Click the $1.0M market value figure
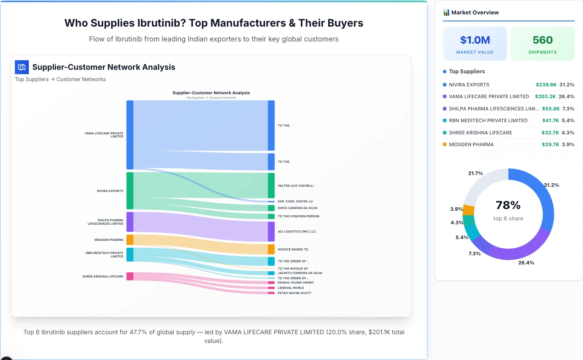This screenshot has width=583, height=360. click(x=475, y=40)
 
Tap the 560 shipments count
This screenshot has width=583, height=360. click(x=542, y=40)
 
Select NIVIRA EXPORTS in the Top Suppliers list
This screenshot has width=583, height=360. click(x=469, y=85)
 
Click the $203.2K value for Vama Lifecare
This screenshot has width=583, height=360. click(x=545, y=96)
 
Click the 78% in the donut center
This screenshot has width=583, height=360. click(x=508, y=205)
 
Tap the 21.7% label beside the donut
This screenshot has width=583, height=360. click(x=475, y=173)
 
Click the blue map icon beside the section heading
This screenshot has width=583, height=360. click(x=22, y=67)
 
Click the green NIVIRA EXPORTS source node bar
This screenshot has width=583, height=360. click(x=130, y=191)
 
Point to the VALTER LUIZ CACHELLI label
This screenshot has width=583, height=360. click(x=295, y=186)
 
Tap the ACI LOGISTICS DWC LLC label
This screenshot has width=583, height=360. click(x=296, y=232)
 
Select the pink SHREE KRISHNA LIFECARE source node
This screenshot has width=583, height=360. click(x=130, y=276)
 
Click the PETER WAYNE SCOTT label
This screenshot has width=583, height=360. click(x=294, y=293)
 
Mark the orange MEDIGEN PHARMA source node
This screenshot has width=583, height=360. click(x=130, y=240)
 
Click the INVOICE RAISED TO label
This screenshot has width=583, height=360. click(x=293, y=250)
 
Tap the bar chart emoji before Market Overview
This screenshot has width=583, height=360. click(x=446, y=13)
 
